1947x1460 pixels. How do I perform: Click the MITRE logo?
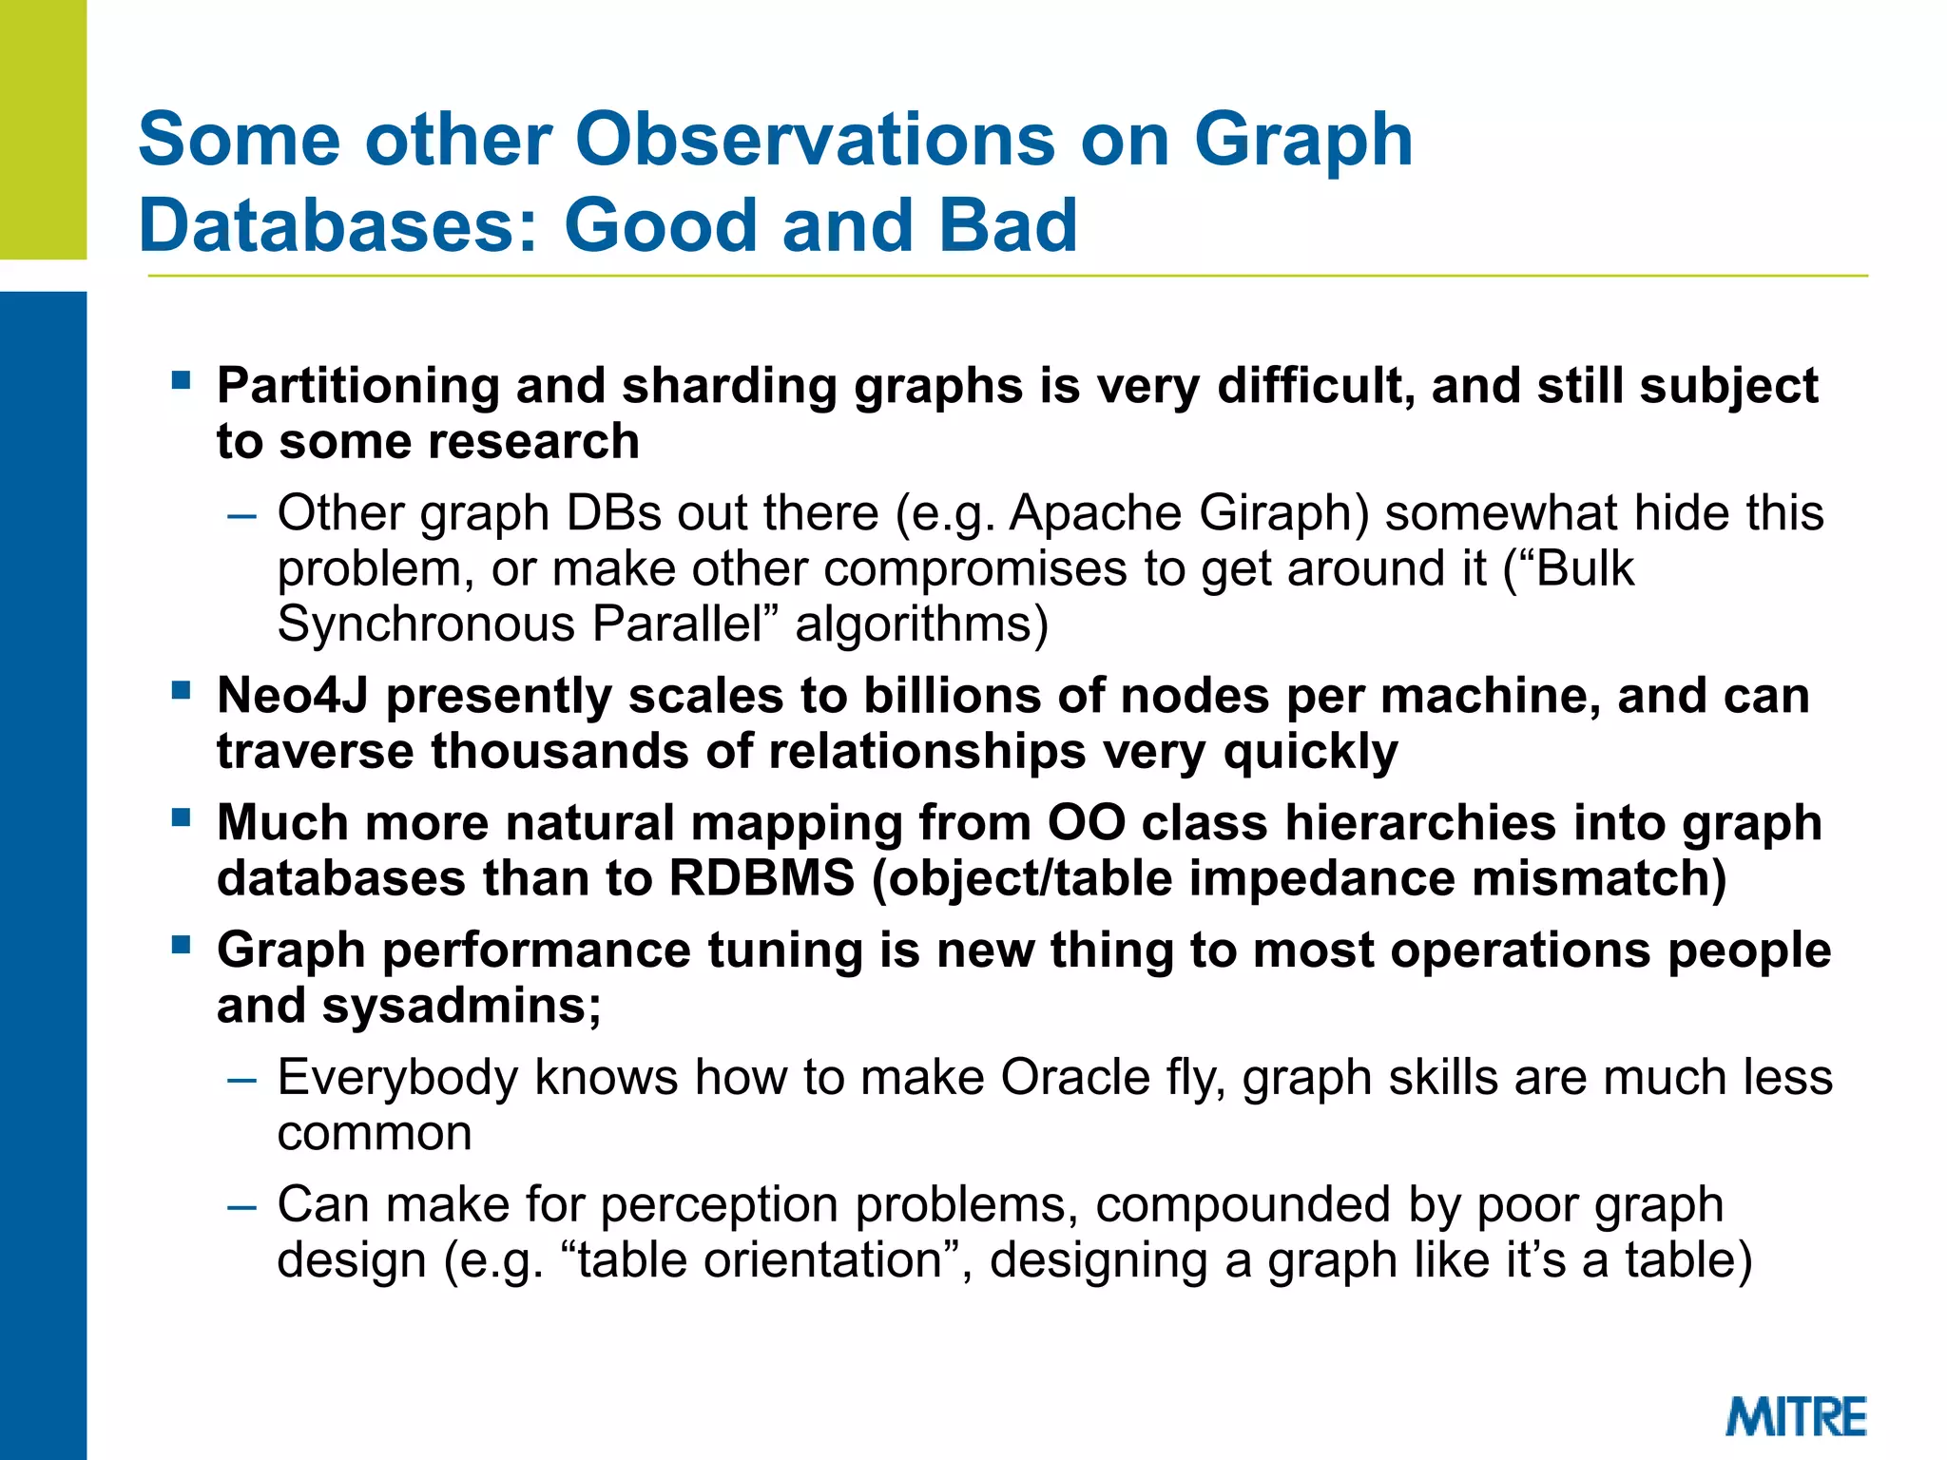pos(1795,1416)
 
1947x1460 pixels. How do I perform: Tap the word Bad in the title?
pos(1007,225)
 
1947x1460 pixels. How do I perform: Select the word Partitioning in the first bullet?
pos(357,387)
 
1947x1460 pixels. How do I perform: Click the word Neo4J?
pos(292,696)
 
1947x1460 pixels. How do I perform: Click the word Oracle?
pos(1075,1078)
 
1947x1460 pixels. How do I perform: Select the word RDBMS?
pos(761,877)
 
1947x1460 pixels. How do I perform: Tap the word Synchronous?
pos(426,624)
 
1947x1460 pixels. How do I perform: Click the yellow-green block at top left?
pos(43,129)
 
